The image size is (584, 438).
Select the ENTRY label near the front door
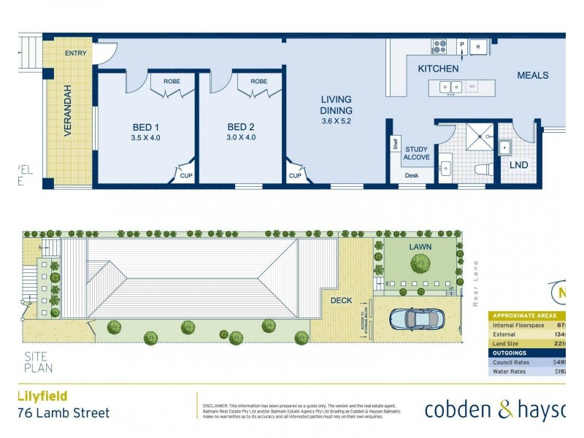[x=75, y=53]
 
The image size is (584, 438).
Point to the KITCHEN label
[x=438, y=69]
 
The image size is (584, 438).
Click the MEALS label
[x=532, y=75]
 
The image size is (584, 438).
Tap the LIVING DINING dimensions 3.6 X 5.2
[x=336, y=121]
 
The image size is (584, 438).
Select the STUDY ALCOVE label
[x=417, y=153]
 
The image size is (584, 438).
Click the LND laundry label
[x=518, y=165]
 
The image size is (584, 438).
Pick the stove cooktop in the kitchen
[x=439, y=47]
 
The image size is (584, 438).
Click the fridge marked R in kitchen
[x=478, y=46]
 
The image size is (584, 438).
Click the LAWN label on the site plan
[x=420, y=247]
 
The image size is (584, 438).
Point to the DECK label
[x=341, y=300]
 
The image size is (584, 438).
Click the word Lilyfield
[x=42, y=396]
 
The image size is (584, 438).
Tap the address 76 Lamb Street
[x=63, y=413]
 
